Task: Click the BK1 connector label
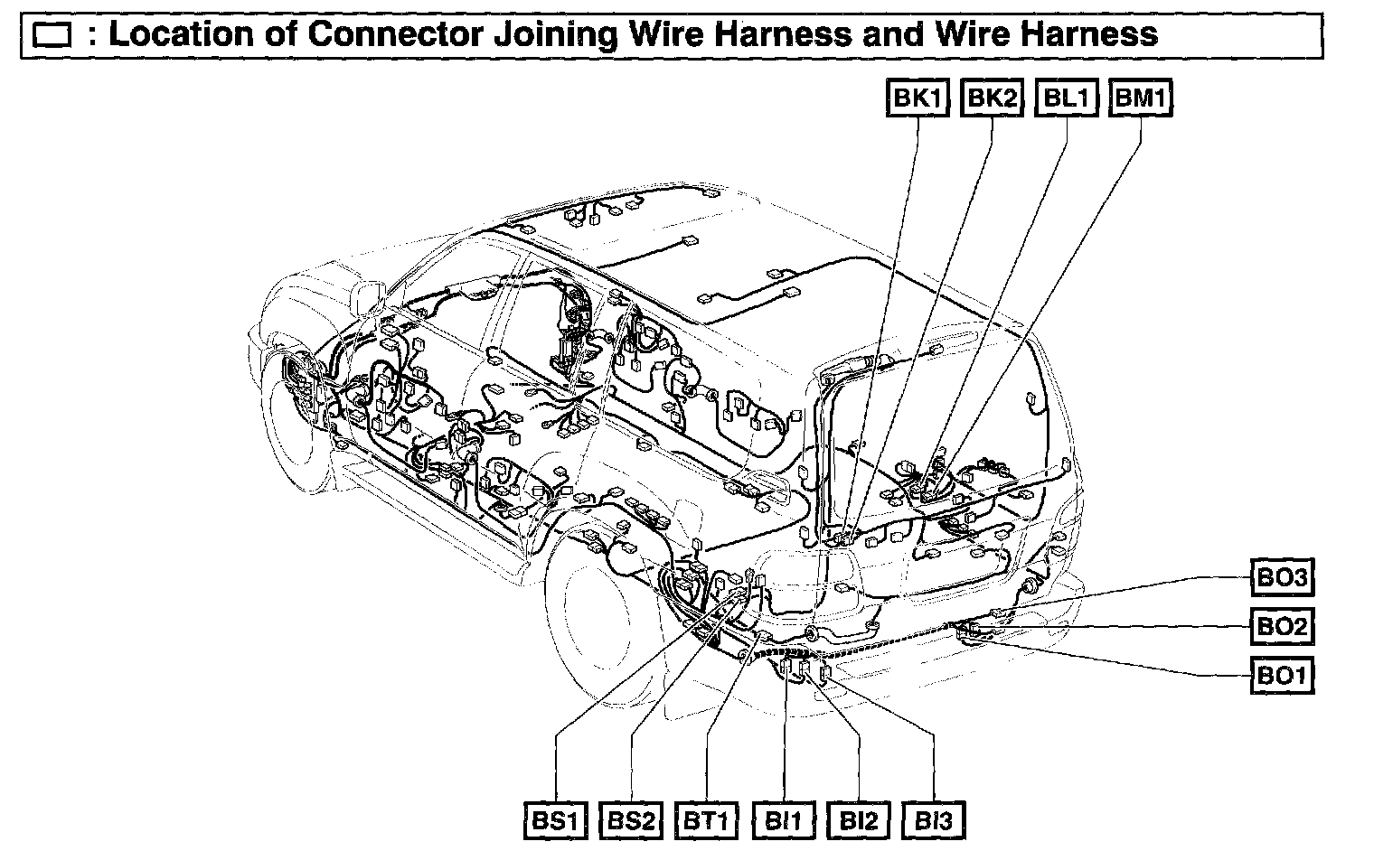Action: (x=918, y=98)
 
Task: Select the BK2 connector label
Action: (x=993, y=98)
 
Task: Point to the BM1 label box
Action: (x=1141, y=98)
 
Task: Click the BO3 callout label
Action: (x=1282, y=576)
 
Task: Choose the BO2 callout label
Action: (x=1282, y=625)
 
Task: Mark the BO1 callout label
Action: (x=1282, y=675)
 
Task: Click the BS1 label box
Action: (x=555, y=821)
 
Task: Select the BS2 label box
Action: (x=630, y=821)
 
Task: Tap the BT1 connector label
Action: (x=705, y=821)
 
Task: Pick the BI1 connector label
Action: (x=784, y=821)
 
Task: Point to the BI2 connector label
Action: (x=859, y=821)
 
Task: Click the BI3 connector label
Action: (x=934, y=821)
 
